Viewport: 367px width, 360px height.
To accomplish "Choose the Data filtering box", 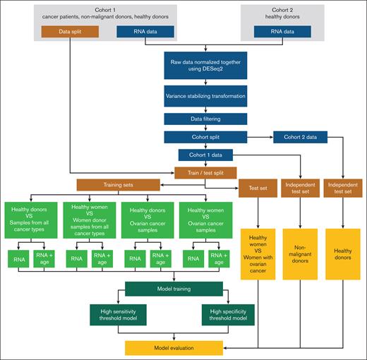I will tap(205, 119).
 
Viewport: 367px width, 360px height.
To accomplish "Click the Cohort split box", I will tap(205, 137).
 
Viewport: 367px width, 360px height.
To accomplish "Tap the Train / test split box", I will tap(205, 172).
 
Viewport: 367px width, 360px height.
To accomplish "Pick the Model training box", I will tap(174, 288).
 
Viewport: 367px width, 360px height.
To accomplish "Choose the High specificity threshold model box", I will tap(229, 313).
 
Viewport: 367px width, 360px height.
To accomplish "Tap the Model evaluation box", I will tap(174, 347).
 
